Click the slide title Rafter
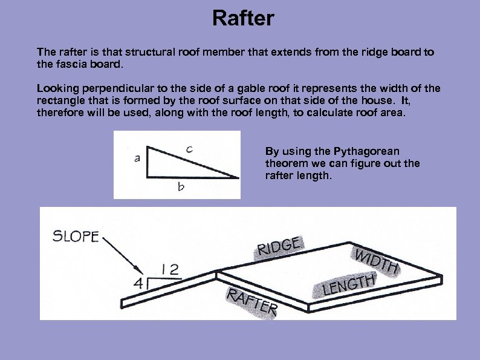(243, 19)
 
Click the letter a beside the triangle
(137, 159)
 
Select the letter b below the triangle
(181, 188)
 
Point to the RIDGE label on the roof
(280, 246)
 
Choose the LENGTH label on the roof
(349, 284)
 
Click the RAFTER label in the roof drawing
(251, 302)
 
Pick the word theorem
(285, 163)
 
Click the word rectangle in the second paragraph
(59, 101)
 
